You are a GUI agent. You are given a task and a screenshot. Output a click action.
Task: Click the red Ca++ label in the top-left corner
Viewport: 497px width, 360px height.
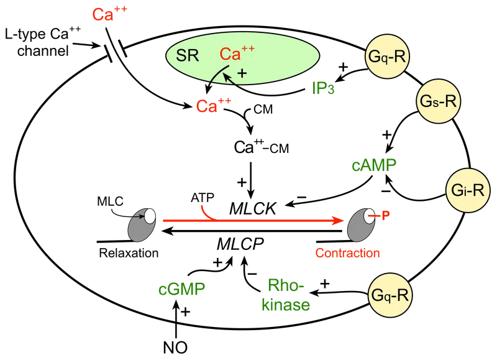pos(109,14)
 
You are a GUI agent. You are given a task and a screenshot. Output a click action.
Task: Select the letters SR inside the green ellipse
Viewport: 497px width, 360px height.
pos(188,55)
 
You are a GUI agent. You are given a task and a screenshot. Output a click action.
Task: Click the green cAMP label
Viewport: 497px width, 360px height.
pos(374,165)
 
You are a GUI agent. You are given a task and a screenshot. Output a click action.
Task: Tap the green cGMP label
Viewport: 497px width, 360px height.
pos(181,289)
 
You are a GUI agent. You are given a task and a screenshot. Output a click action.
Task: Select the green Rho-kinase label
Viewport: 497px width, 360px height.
pos(286,295)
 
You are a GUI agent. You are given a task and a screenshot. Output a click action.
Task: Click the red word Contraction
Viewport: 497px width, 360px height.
pos(348,253)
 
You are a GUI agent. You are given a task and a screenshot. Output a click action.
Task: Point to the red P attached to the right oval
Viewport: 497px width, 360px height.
pos(386,214)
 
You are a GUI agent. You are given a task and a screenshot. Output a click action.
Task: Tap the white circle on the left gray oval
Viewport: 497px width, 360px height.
pos(149,217)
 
